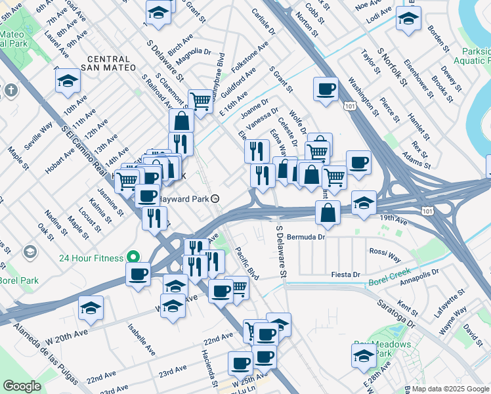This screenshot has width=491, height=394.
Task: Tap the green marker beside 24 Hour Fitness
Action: point(133,257)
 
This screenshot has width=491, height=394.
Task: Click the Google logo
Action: point(22,386)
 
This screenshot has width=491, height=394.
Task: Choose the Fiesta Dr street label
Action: point(347,274)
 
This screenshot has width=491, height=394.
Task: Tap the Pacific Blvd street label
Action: point(247,263)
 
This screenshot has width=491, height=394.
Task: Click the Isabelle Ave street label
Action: point(142,338)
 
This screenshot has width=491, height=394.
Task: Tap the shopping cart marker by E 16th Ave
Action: point(201,100)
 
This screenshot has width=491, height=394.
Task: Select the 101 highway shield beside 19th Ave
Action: point(427,211)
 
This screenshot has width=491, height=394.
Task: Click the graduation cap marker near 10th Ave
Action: point(68,81)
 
